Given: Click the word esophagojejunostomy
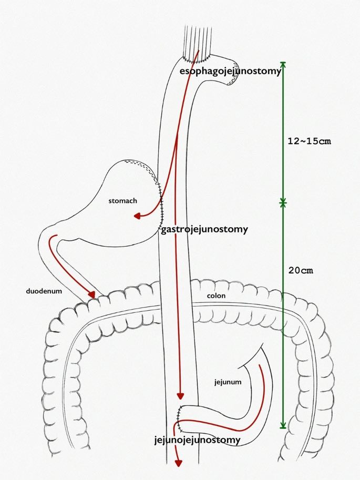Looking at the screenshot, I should point(230,71).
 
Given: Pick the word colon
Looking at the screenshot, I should point(216,296).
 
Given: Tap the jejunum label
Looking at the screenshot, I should point(228,382).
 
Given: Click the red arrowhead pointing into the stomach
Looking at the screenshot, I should point(138,216).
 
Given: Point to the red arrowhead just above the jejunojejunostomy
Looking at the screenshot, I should point(180,396).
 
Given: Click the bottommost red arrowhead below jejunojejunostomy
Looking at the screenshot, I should point(178,463).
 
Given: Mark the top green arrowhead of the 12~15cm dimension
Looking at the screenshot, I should point(283,65).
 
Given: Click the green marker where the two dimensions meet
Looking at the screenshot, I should point(283,201).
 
